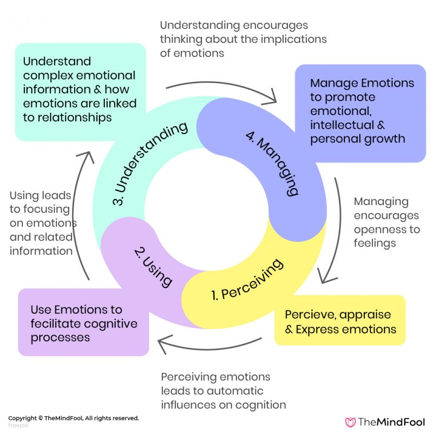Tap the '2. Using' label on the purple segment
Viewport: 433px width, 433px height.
(153, 266)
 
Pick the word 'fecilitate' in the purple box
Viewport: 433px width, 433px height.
(57, 324)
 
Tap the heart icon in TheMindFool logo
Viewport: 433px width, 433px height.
(350, 422)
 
